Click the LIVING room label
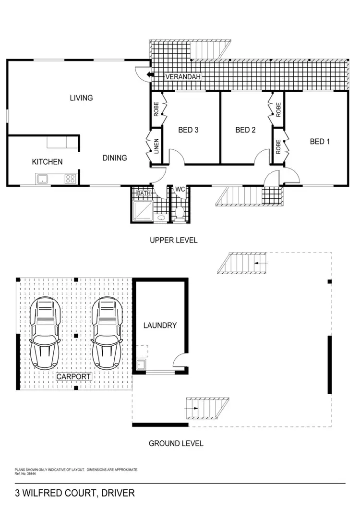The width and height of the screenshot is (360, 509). [x=81, y=98]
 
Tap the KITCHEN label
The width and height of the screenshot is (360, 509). [x=47, y=162]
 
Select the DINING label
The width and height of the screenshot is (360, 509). [x=114, y=158]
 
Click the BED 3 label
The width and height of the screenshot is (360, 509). [x=188, y=130]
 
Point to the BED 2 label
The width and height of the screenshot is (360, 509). [x=245, y=130]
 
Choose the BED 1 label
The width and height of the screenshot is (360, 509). [x=320, y=141]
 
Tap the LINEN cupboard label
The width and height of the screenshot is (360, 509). [x=156, y=146]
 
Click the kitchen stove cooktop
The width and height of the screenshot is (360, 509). [x=70, y=179]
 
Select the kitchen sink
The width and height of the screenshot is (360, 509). [x=42, y=179]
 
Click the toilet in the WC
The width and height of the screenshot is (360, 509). [x=180, y=212]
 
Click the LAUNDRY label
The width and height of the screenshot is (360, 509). [x=160, y=325]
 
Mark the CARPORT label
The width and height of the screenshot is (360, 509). [x=74, y=377]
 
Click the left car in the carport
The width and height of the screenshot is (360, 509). [x=45, y=332]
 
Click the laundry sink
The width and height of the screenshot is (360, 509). [x=141, y=365]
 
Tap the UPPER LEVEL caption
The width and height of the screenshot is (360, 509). [x=173, y=240]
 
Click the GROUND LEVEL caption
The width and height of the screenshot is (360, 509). [x=176, y=443]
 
